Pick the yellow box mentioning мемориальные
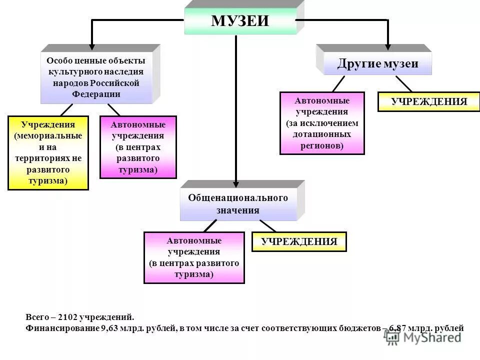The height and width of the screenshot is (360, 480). coord(48,152)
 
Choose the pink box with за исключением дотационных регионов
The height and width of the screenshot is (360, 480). coord(322,123)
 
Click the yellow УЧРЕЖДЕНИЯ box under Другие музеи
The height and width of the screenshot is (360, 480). coord(429,102)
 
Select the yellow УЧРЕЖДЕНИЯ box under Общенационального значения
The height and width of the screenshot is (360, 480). coord(299,242)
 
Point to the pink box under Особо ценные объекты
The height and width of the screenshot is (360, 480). coord(138,147)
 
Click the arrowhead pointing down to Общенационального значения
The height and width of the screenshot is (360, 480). coord(235,175)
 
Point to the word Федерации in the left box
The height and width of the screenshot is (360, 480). coord(96,94)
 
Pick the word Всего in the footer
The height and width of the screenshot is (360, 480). coord(36,317)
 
